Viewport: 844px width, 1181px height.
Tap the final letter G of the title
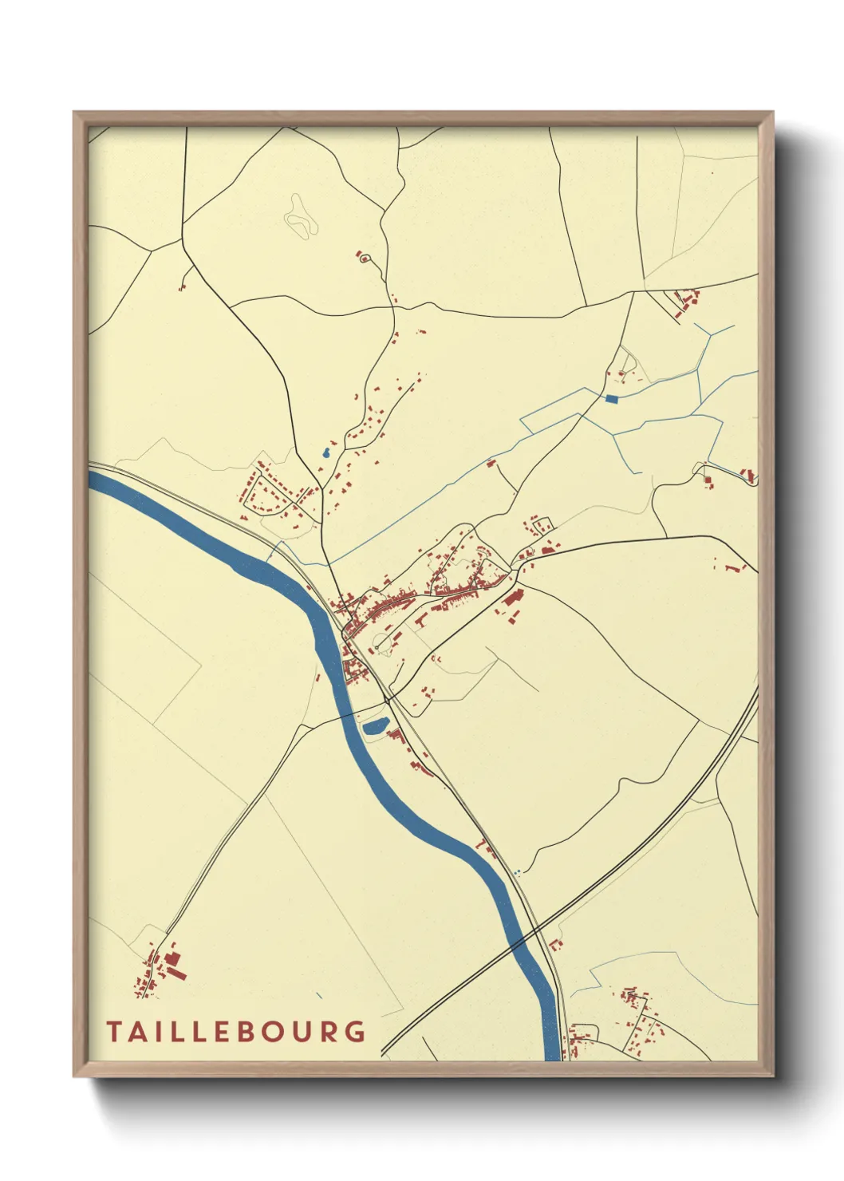pyautogui.click(x=356, y=1032)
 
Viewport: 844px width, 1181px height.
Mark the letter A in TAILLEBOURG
pyautogui.click(x=137, y=1032)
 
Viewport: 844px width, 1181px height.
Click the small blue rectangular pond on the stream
pyautogui.click(x=612, y=399)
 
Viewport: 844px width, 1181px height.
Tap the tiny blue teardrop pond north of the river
pyautogui.click(x=325, y=454)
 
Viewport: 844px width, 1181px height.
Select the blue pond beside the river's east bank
pyautogui.click(x=375, y=726)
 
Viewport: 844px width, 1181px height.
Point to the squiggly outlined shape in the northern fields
pyautogui.click(x=300, y=215)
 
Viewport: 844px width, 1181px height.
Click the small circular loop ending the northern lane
pyautogui.click(x=365, y=259)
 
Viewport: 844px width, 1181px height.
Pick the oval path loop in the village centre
pyautogui.click(x=385, y=642)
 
